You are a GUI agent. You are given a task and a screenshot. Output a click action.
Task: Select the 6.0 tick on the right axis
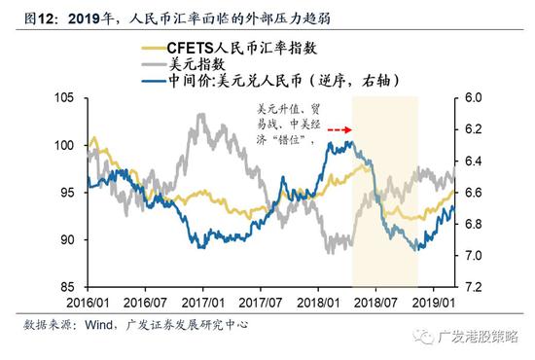click(x=473, y=98)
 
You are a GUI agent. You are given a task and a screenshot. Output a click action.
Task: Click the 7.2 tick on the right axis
click(x=473, y=287)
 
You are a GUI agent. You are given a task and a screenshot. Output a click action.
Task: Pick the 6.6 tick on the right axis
click(x=473, y=193)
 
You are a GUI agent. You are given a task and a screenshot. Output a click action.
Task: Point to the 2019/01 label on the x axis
click(x=432, y=302)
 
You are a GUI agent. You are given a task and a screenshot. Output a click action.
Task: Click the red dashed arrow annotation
click(x=339, y=128)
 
